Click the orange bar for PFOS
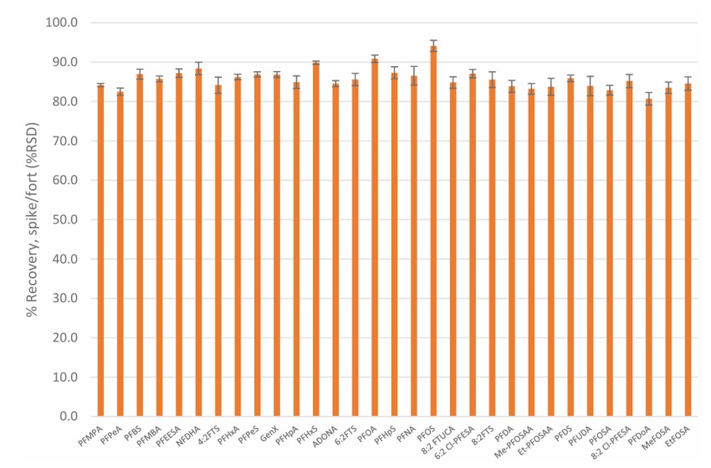pos(433,231)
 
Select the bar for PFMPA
pos(100,250)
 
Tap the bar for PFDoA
pos(649,257)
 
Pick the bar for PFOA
pos(375,238)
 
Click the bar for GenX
pos(277,245)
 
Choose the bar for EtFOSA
pos(688,249)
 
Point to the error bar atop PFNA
pos(413,76)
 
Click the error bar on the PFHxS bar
pos(316,63)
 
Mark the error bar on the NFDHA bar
pos(198,69)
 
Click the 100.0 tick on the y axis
pos(62,23)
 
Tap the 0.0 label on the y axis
pos(68,416)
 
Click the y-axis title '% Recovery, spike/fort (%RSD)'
pos(32,219)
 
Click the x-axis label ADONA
pos(325,437)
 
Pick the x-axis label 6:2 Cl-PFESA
pos(454,443)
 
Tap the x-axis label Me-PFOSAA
pos(514,441)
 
